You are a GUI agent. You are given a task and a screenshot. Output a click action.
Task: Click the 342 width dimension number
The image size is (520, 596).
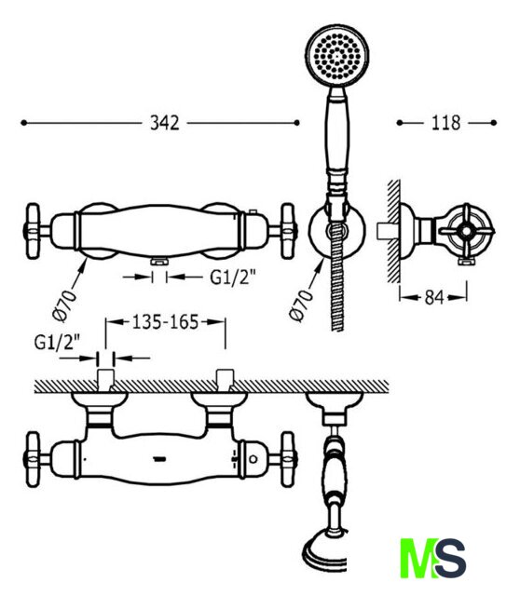pos(164,123)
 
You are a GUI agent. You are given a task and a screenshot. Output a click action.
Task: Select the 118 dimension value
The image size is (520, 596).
pos(445,123)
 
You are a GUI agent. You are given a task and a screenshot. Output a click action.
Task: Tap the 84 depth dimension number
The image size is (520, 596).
pos(433,297)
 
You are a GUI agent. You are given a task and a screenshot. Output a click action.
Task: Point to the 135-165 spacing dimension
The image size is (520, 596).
pos(165,322)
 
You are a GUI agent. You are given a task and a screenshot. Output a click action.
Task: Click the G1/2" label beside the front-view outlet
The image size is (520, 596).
pos(232,278)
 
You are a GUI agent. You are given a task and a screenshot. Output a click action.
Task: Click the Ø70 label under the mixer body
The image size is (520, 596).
pos(64,305)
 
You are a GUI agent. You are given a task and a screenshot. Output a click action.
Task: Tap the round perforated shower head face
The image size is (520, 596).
pos(337,56)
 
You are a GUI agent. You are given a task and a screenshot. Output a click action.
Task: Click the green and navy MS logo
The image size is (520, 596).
pos(433,558)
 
